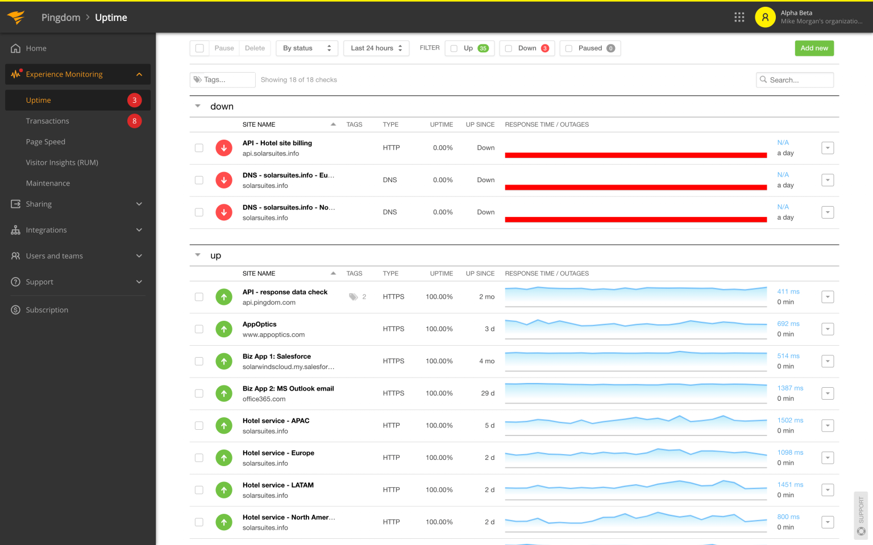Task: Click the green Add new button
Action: coord(814,48)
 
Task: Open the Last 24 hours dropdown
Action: coord(376,48)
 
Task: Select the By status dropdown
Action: coord(306,48)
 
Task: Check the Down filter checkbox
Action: coord(509,48)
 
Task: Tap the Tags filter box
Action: coord(222,80)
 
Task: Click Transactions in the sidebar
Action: coord(47,121)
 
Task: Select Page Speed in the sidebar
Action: coord(45,142)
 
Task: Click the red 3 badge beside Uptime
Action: coord(134,100)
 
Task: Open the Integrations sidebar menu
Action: coord(46,230)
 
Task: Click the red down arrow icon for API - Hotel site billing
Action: coord(224,148)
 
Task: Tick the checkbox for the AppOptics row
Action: coord(199,329)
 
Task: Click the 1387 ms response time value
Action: coord(790,388)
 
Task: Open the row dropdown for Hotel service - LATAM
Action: coord(828,490)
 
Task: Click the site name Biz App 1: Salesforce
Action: coord(277,357)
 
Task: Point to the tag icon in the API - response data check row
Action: coord(354,297)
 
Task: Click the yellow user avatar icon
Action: coord(765,17)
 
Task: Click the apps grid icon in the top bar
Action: coord(739,17)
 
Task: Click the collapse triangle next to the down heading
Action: coord(198,106)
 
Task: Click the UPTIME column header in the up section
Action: coord(441,274)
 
